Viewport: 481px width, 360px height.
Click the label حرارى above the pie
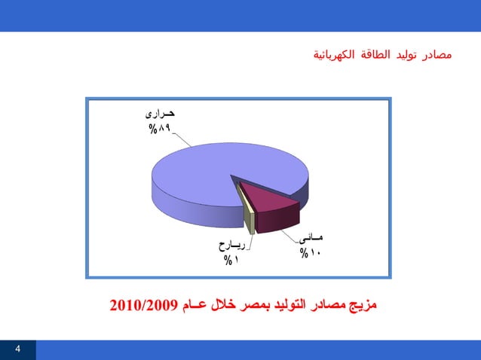point(160,114)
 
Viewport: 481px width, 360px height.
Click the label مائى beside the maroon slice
point(310,239)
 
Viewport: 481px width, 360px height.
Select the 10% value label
point(309,253)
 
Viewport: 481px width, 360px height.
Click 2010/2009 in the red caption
point(143,305)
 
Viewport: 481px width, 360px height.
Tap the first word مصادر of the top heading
point(437,55)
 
